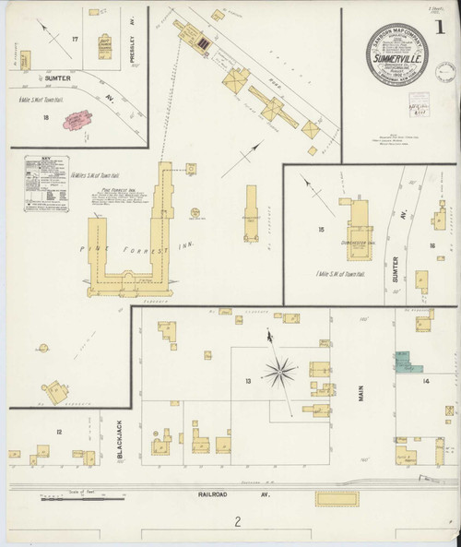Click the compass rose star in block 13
(279, 372)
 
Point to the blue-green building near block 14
(403, 361)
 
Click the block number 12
(58, 432)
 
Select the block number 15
(321, 228)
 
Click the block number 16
(432, 245)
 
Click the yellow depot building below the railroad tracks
(339, 499)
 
